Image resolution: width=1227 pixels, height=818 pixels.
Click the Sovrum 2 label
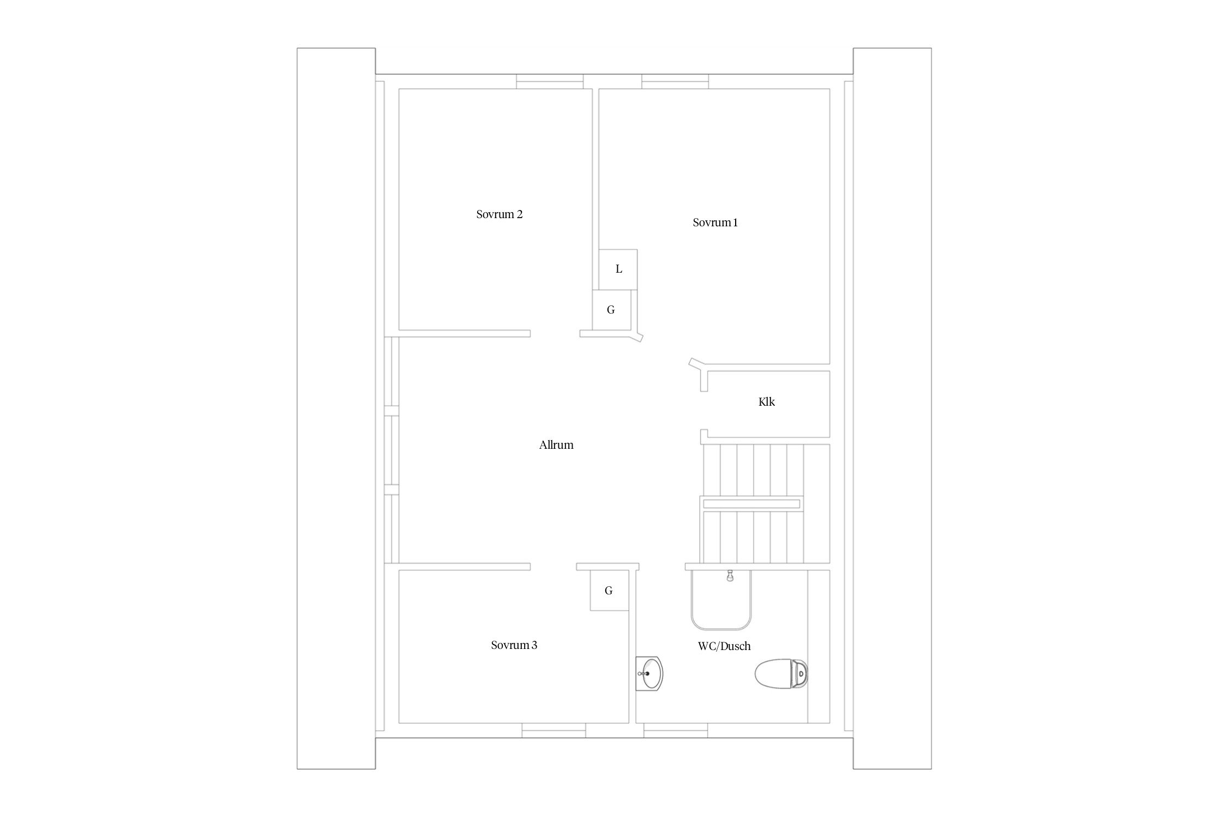tap(499, 214)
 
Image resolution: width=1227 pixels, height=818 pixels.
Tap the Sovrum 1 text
tap(715, 222)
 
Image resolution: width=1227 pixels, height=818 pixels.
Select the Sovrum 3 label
tap(514, 645)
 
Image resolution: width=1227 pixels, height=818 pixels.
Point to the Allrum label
tap(556, 445)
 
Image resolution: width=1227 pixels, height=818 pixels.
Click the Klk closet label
tap(766, 402)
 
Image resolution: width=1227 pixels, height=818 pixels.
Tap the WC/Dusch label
tap(724, 646)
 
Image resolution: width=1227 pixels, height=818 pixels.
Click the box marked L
tap(618, 269)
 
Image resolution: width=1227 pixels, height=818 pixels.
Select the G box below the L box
tap(612, 310)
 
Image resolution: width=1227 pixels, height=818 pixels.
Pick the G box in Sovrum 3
tap(610, 591)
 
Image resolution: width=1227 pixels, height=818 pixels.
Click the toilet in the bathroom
tap(781, 674)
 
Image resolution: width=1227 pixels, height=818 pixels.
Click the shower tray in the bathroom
tap(721, 600)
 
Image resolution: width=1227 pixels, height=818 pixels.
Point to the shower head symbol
tap(730, 576)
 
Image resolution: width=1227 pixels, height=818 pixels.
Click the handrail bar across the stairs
tap(751, 504)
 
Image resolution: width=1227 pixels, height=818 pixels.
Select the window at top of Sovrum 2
tap(550, 82)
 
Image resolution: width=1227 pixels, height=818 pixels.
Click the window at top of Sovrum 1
tap(675, 82)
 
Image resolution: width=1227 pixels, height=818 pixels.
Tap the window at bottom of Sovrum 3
tap(554, 731)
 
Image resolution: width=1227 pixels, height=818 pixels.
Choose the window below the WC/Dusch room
tap(676, 731)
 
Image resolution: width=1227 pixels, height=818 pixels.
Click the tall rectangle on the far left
tap(336, 408)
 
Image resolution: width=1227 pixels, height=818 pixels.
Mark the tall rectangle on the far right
tap(892, 408)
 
